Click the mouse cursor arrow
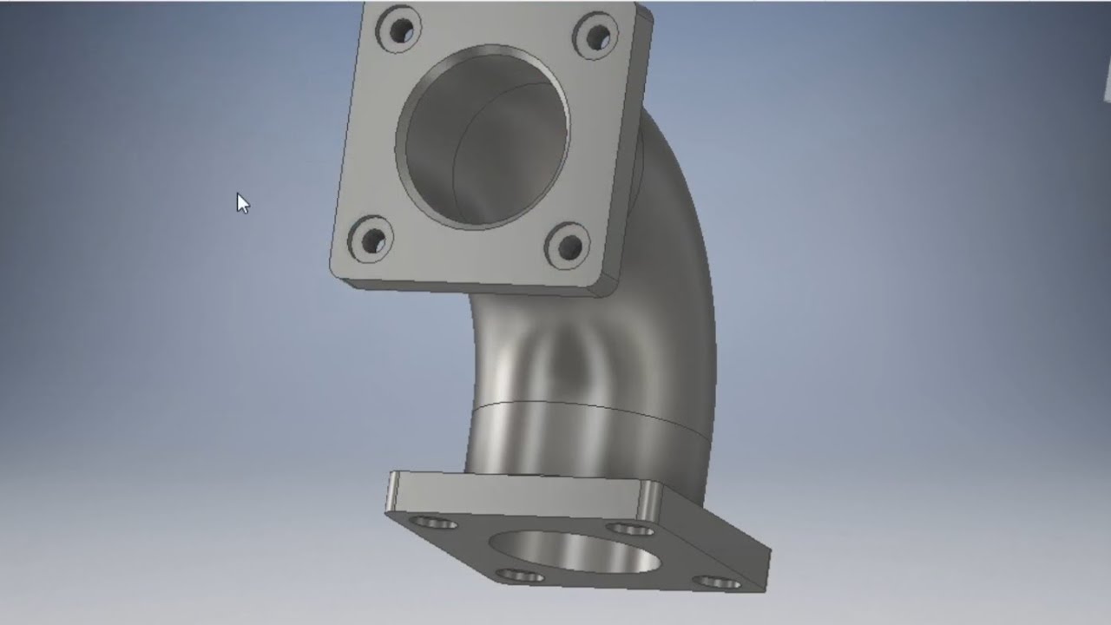coord(242,203)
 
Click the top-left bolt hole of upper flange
coord(399,32)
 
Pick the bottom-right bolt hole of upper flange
coord(569,247)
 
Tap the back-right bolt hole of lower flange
coord(630,528)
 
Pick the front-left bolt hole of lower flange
coord(519,576)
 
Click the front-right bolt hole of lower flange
coord(717,582)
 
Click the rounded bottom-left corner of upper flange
coord(337,270)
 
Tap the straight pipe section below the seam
coord(555,443)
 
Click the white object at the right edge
coord(1107,82)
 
